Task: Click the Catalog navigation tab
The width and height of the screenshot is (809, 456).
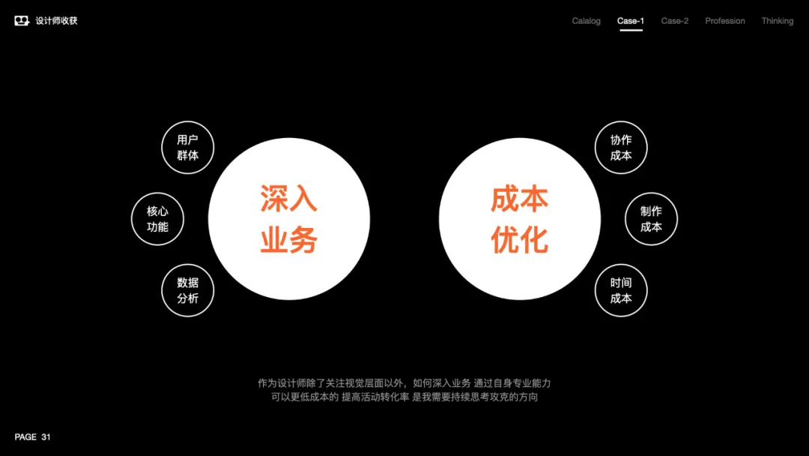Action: pyautogui.click(x=586, y=21)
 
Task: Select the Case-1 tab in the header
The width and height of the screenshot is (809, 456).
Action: pyautogui.click(x=630, y=21)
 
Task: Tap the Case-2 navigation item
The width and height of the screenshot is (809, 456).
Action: pyautogui.click(x=674, y=21)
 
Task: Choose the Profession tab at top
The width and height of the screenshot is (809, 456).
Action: pyautogui.click(x=724, y=21)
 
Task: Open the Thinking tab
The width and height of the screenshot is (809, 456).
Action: pyautogui.click(x=777, y=21)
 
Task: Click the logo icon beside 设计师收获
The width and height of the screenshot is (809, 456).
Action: pyautogui.click(x=22, y=21)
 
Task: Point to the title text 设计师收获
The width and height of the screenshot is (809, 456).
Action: pyautogui.click(x=56, y=21)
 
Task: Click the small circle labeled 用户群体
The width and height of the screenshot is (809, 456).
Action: pyautogui.click(x=188, y=148)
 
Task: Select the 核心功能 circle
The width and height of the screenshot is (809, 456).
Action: pyautogui.click(x=157, y=219)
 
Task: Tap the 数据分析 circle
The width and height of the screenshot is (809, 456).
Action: pyautogui.click(x=188, y=290)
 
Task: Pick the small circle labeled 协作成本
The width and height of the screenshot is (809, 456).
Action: pyautogui.click(x=621, y=148)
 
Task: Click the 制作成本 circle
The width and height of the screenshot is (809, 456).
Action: pyautogui.click(x=651, y=219)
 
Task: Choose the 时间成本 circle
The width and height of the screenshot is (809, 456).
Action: pyautogui.click(x=621, y=290)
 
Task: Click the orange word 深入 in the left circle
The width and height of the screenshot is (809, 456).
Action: pyautogui.click(x=288, y=198)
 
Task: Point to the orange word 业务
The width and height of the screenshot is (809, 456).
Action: pyautogui.click(x=288, y=241)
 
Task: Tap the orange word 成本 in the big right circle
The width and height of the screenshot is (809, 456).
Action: pyautogui.click(x=520, y=198)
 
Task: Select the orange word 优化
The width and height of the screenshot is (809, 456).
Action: pyautogui.click(x=520, y=241)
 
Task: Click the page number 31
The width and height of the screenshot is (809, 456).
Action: pyautogui.click(x=46, y=436)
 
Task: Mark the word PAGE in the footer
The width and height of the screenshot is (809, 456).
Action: pyautogui.click(x=25, y=436)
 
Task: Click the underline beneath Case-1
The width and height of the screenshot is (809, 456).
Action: pyautogui.click(x=630, y=31)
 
